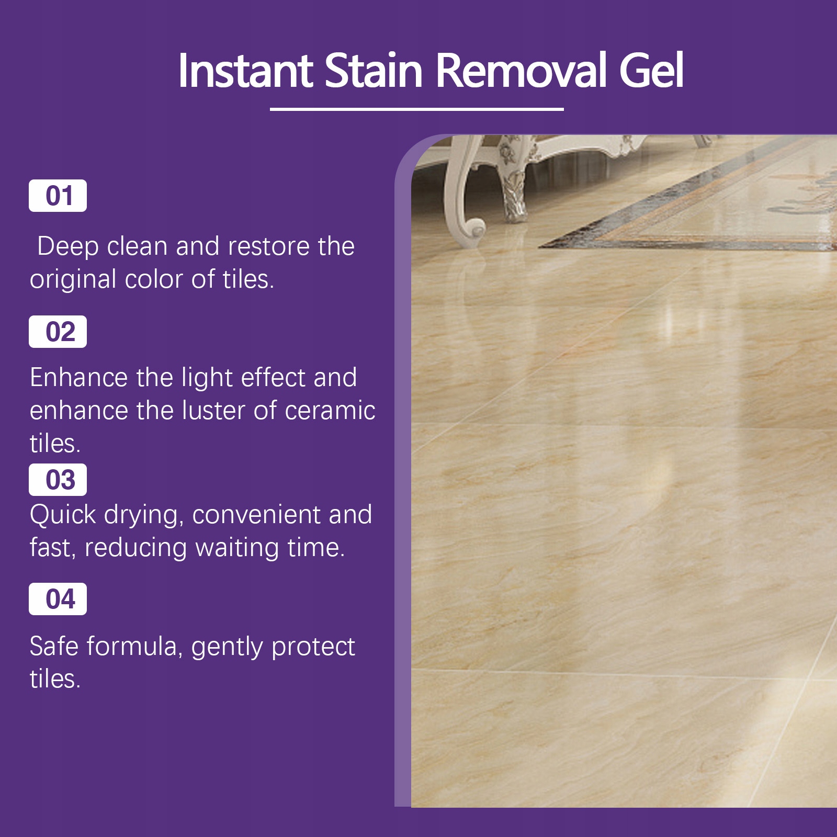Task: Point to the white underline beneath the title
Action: tap(416, 109)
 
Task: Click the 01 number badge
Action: tap(58, 196)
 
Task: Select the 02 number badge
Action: tap(58, 332)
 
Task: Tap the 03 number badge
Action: tap(58, 480)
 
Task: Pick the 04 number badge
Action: tap(58, 599)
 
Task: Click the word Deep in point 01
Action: tap(68, 247)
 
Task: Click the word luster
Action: tap(213, 411)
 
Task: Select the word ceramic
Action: tap(330, 411)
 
